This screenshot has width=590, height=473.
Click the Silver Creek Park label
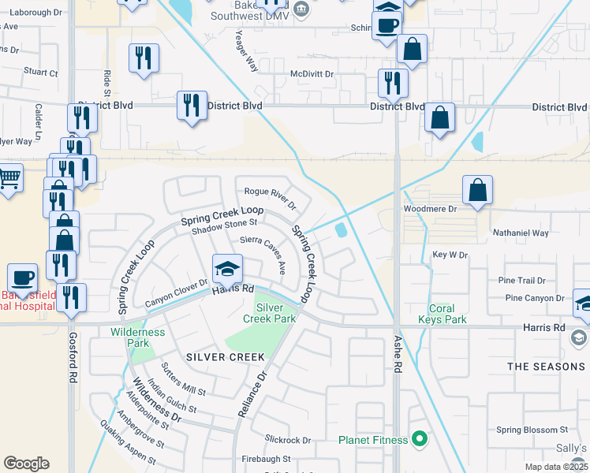pos(276,312)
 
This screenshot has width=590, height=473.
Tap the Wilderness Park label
pos(138,337)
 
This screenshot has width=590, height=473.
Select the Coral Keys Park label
pos(447,314)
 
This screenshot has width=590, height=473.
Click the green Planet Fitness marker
pos(420,439)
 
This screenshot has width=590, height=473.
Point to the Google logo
pos(26,463)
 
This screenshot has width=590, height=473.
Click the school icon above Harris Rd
pos(226,269)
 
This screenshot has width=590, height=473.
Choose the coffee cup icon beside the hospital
pos(23,278)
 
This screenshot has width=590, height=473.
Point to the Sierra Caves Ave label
pos(263,251)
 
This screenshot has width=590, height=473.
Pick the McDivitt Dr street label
pos(312,74)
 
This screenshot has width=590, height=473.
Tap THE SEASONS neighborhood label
pos(546,367)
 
